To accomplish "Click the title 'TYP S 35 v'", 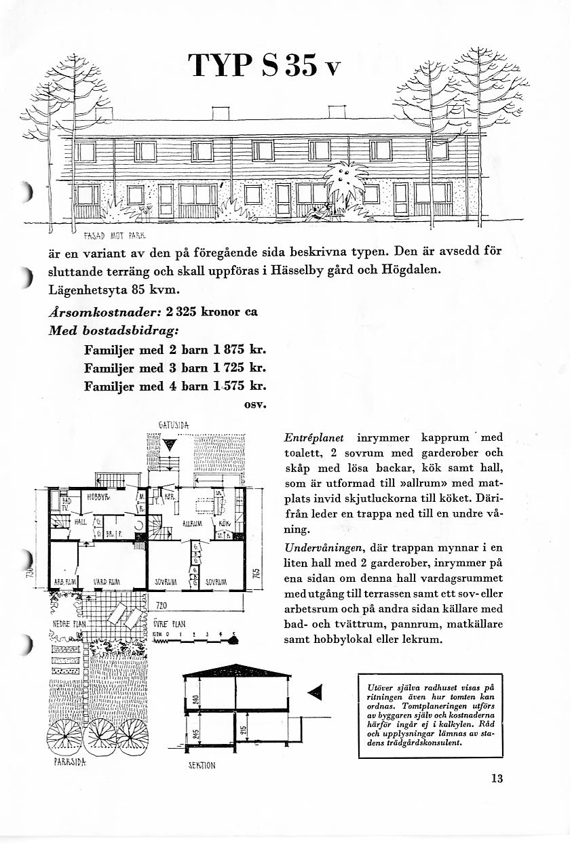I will point(263,66).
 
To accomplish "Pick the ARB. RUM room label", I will point(64,582).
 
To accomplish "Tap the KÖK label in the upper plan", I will point(224,524).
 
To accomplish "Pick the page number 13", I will point(497,779).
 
